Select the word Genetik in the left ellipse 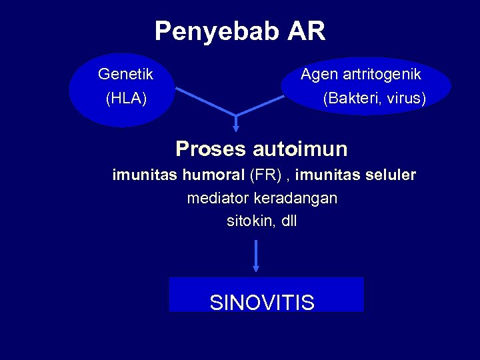125,74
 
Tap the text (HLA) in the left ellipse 126,99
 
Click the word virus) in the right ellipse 406,99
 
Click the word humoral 214,175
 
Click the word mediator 217,198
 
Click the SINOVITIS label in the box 262,303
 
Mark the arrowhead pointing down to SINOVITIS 256,268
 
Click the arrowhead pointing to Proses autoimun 235,129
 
